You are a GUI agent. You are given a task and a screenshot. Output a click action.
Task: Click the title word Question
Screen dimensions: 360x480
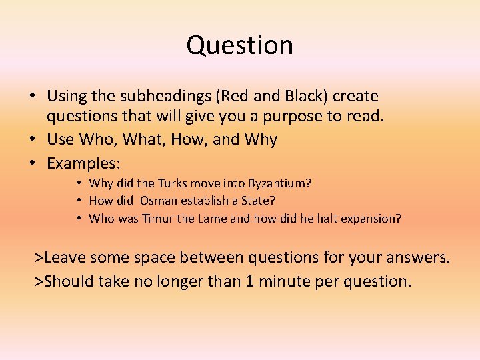click(x=239, y=45)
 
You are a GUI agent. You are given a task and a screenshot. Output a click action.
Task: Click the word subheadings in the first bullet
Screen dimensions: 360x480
click(x=148, y=97)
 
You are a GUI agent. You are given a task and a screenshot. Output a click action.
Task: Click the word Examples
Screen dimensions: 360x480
click(x=79, y=163)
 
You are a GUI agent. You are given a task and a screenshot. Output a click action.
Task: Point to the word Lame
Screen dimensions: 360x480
click(x=212, y=218)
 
